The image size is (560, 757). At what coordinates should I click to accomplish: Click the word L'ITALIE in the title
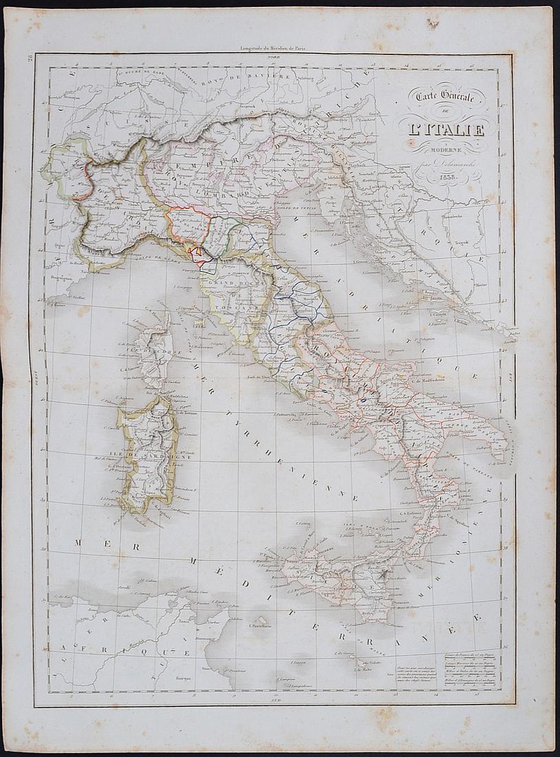pos(444,128)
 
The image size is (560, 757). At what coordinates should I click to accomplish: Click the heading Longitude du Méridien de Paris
pos(273,48)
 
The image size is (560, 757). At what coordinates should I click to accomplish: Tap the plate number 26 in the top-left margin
pos(31,58)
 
